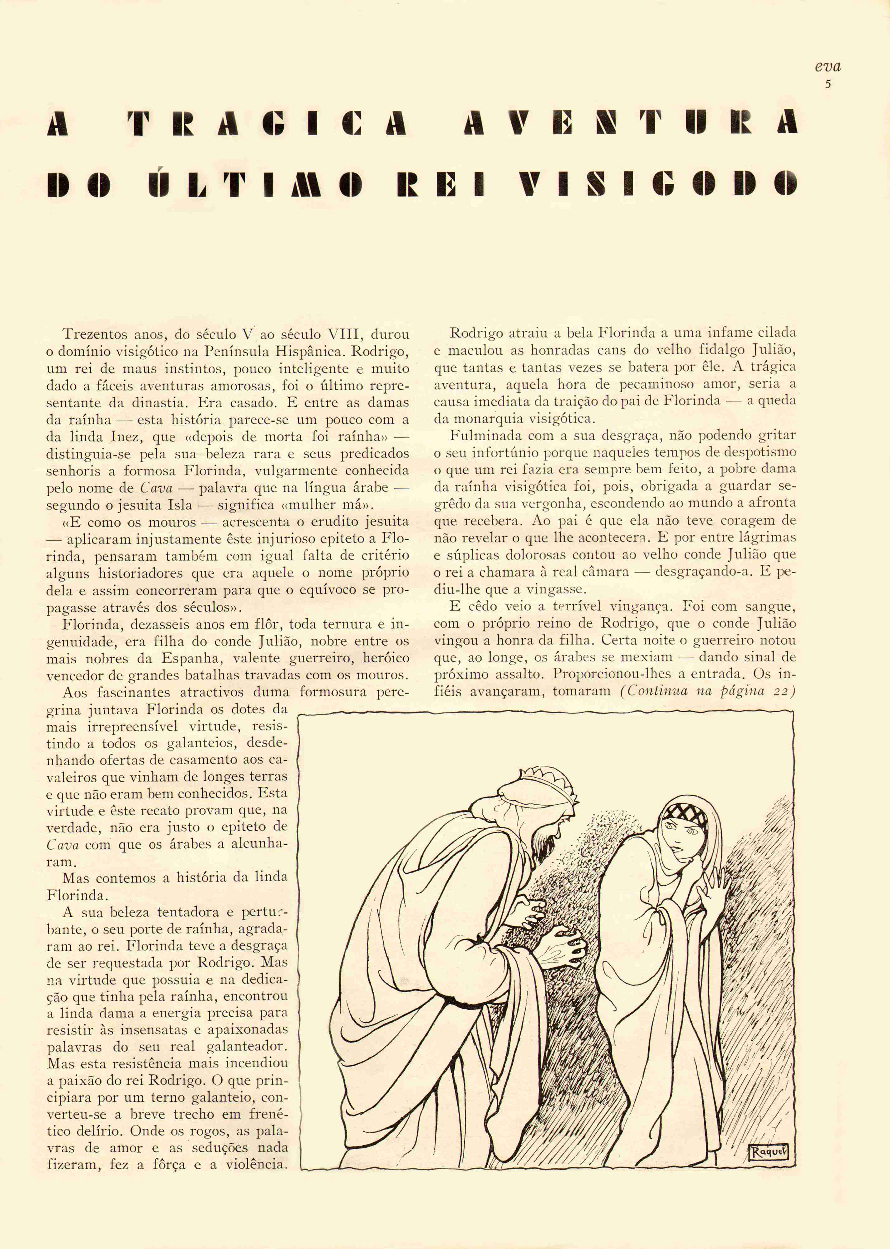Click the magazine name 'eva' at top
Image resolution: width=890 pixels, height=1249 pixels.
coord(827,67)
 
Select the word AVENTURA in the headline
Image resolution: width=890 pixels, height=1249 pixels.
coord(630,123)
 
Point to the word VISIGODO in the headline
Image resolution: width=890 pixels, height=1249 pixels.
coord(658,184)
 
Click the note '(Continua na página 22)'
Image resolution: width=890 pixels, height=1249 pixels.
coord(707,691)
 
